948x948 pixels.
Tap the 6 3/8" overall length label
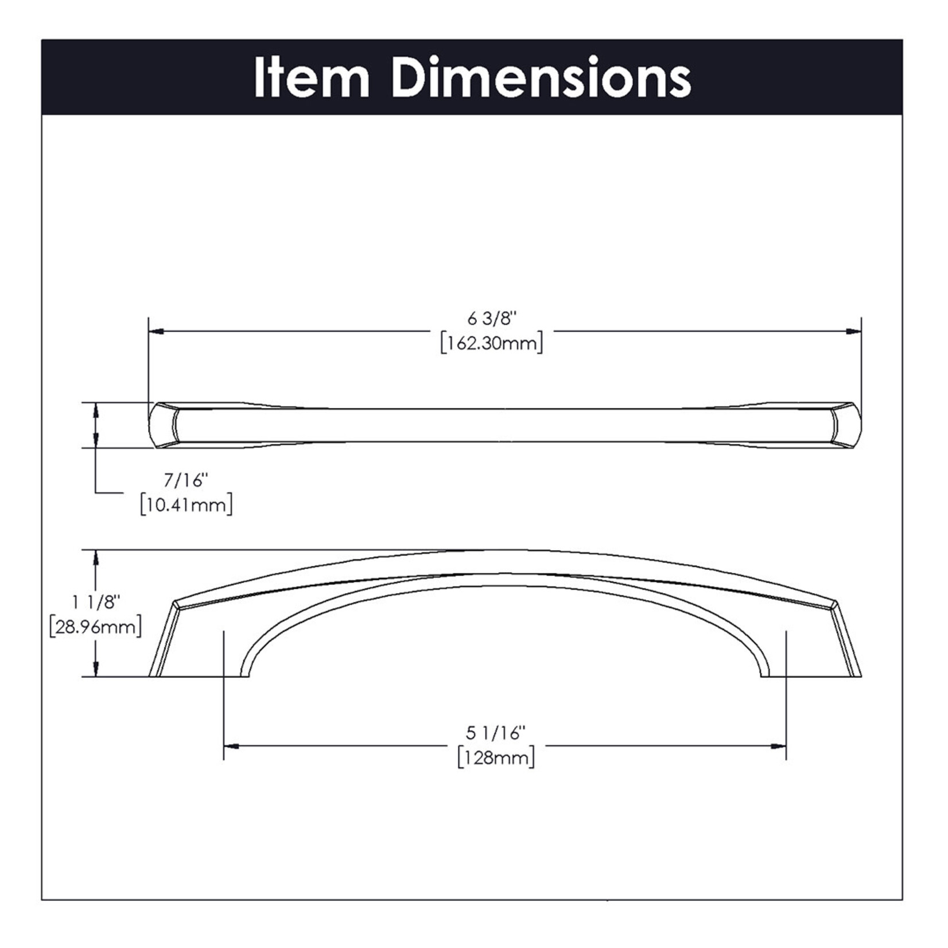tap(492, 318)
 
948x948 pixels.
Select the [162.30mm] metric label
tap(492, 344)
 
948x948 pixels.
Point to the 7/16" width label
tap(184, 480)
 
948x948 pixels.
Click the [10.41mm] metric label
tap(187, 506)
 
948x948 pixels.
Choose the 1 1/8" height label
tap(96, 602)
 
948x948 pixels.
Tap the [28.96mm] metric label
tap(95, 627)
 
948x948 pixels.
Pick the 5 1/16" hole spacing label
tap(496, 733)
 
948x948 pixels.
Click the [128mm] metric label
tap(496, 758)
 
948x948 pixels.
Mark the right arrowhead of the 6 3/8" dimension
tap(854, 331)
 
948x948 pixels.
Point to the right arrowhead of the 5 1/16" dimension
tap(779, 746)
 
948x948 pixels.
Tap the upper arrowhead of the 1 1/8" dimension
tap(96, 557)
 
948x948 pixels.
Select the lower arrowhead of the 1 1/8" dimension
tap(96, 669)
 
